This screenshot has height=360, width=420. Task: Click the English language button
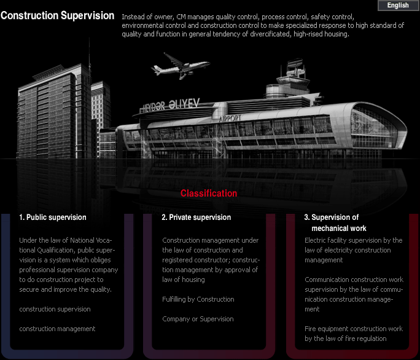tap(398, 6)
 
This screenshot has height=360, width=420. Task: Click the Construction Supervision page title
tap(57, 15)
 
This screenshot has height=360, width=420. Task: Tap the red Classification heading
tap(209, 194)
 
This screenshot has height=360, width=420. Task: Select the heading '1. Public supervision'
tap(53, 217)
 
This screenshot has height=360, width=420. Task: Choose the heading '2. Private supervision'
tap(196, 217)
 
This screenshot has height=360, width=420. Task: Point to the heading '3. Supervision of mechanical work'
tap(335, 223)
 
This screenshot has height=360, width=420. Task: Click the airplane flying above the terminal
tap(181, 66)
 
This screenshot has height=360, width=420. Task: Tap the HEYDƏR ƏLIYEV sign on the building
tap(170, 105)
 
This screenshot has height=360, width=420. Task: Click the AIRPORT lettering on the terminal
tap(230, 118)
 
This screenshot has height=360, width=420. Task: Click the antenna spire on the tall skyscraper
tap(90, 55)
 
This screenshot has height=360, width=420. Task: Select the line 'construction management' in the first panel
tap(57, 329)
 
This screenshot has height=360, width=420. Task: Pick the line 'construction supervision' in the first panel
tap(55, 309)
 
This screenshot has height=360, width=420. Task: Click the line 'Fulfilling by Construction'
tap(198, 299)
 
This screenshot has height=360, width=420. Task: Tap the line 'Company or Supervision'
tap(198, 319)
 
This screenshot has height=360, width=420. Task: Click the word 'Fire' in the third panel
tap(310, 329)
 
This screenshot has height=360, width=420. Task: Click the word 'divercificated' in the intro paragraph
tap(270, 34)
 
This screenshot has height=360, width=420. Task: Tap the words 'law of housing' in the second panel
tap(184, 280)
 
